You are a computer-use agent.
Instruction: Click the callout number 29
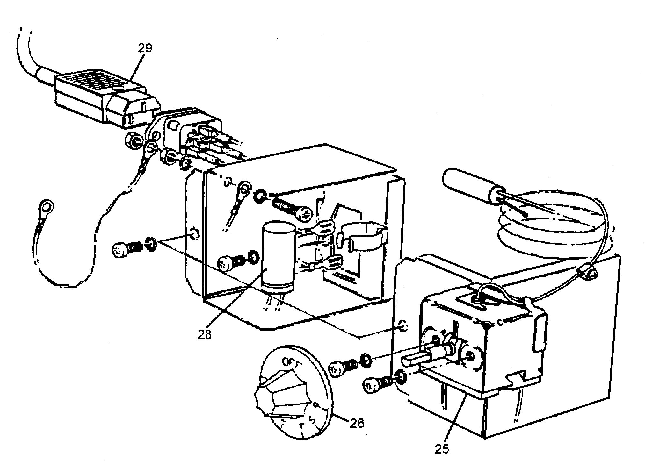tap(145, 48)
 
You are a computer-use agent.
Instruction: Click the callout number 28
tap(204, 335)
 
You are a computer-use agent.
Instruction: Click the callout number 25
tap(441, 448)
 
